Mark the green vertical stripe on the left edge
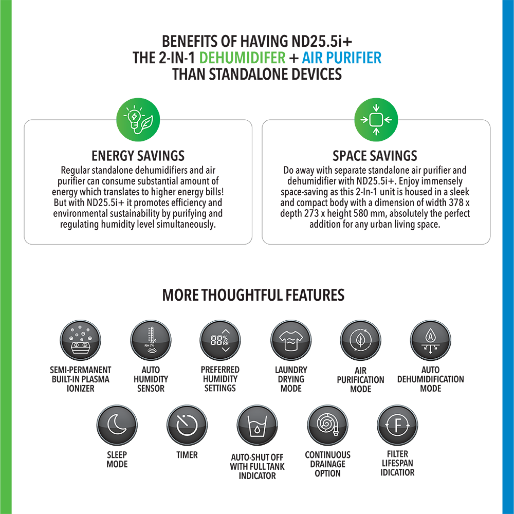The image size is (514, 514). click(x=21, y=257)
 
